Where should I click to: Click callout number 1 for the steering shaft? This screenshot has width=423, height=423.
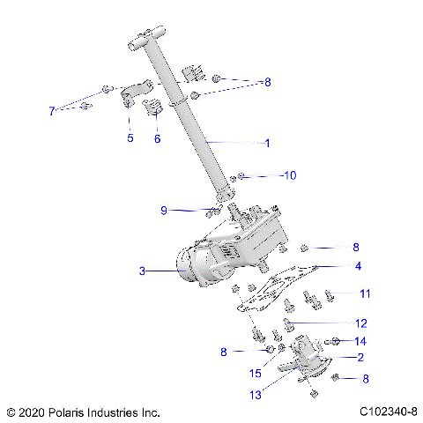[x=268, y=142]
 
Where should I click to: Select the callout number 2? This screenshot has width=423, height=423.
[x=360, y=357]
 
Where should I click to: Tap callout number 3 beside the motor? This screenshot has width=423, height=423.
[x=141, y=271]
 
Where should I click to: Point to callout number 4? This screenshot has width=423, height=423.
[x=358, y=265]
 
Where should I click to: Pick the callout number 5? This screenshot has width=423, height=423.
[x=130, y=137]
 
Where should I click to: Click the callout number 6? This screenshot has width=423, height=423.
[x=158, y=137]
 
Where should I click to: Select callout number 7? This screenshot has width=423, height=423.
[x=51, y=111]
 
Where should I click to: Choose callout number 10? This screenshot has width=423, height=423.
[x=290, y=175]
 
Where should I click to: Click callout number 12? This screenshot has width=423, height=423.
[x=360, y=323]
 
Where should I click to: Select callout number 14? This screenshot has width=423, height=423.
[x=360, y=340]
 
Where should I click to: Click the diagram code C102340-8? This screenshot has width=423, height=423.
[x=388, y=412]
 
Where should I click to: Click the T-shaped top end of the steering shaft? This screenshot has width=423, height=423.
[x=148, y=41]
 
